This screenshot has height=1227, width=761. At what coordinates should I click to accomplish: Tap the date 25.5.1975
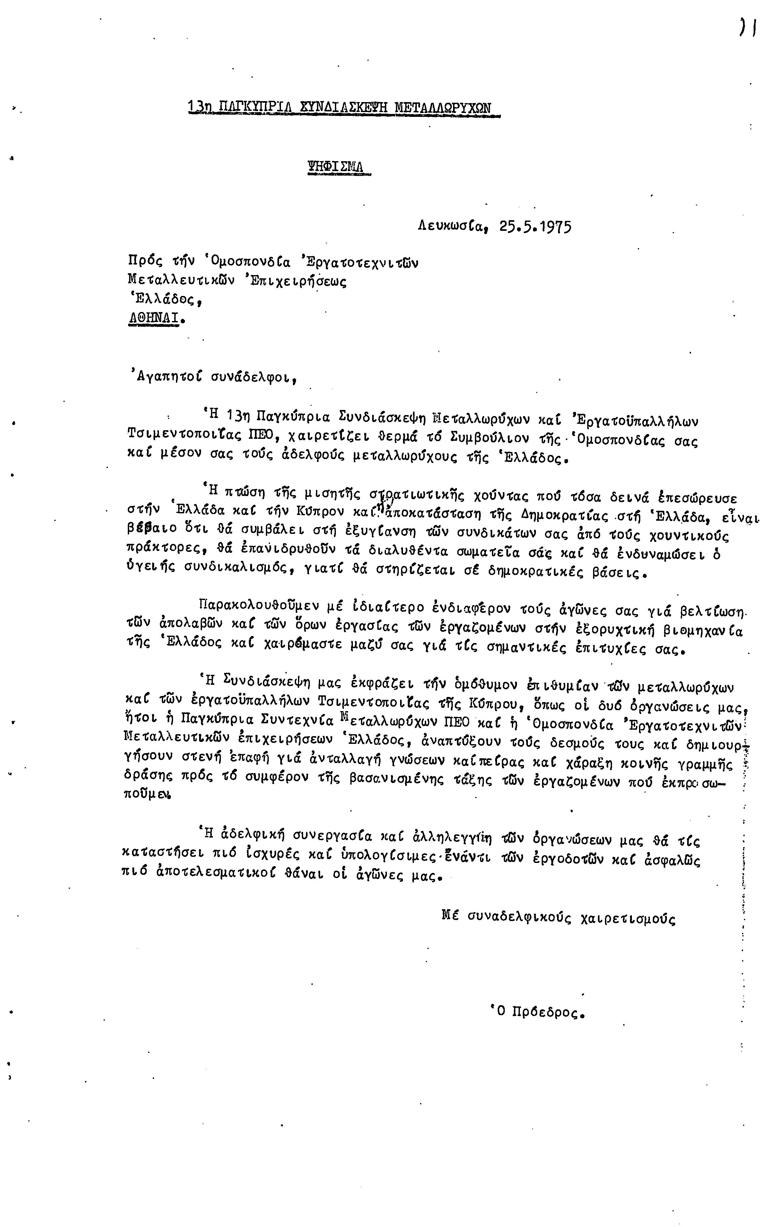536,227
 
